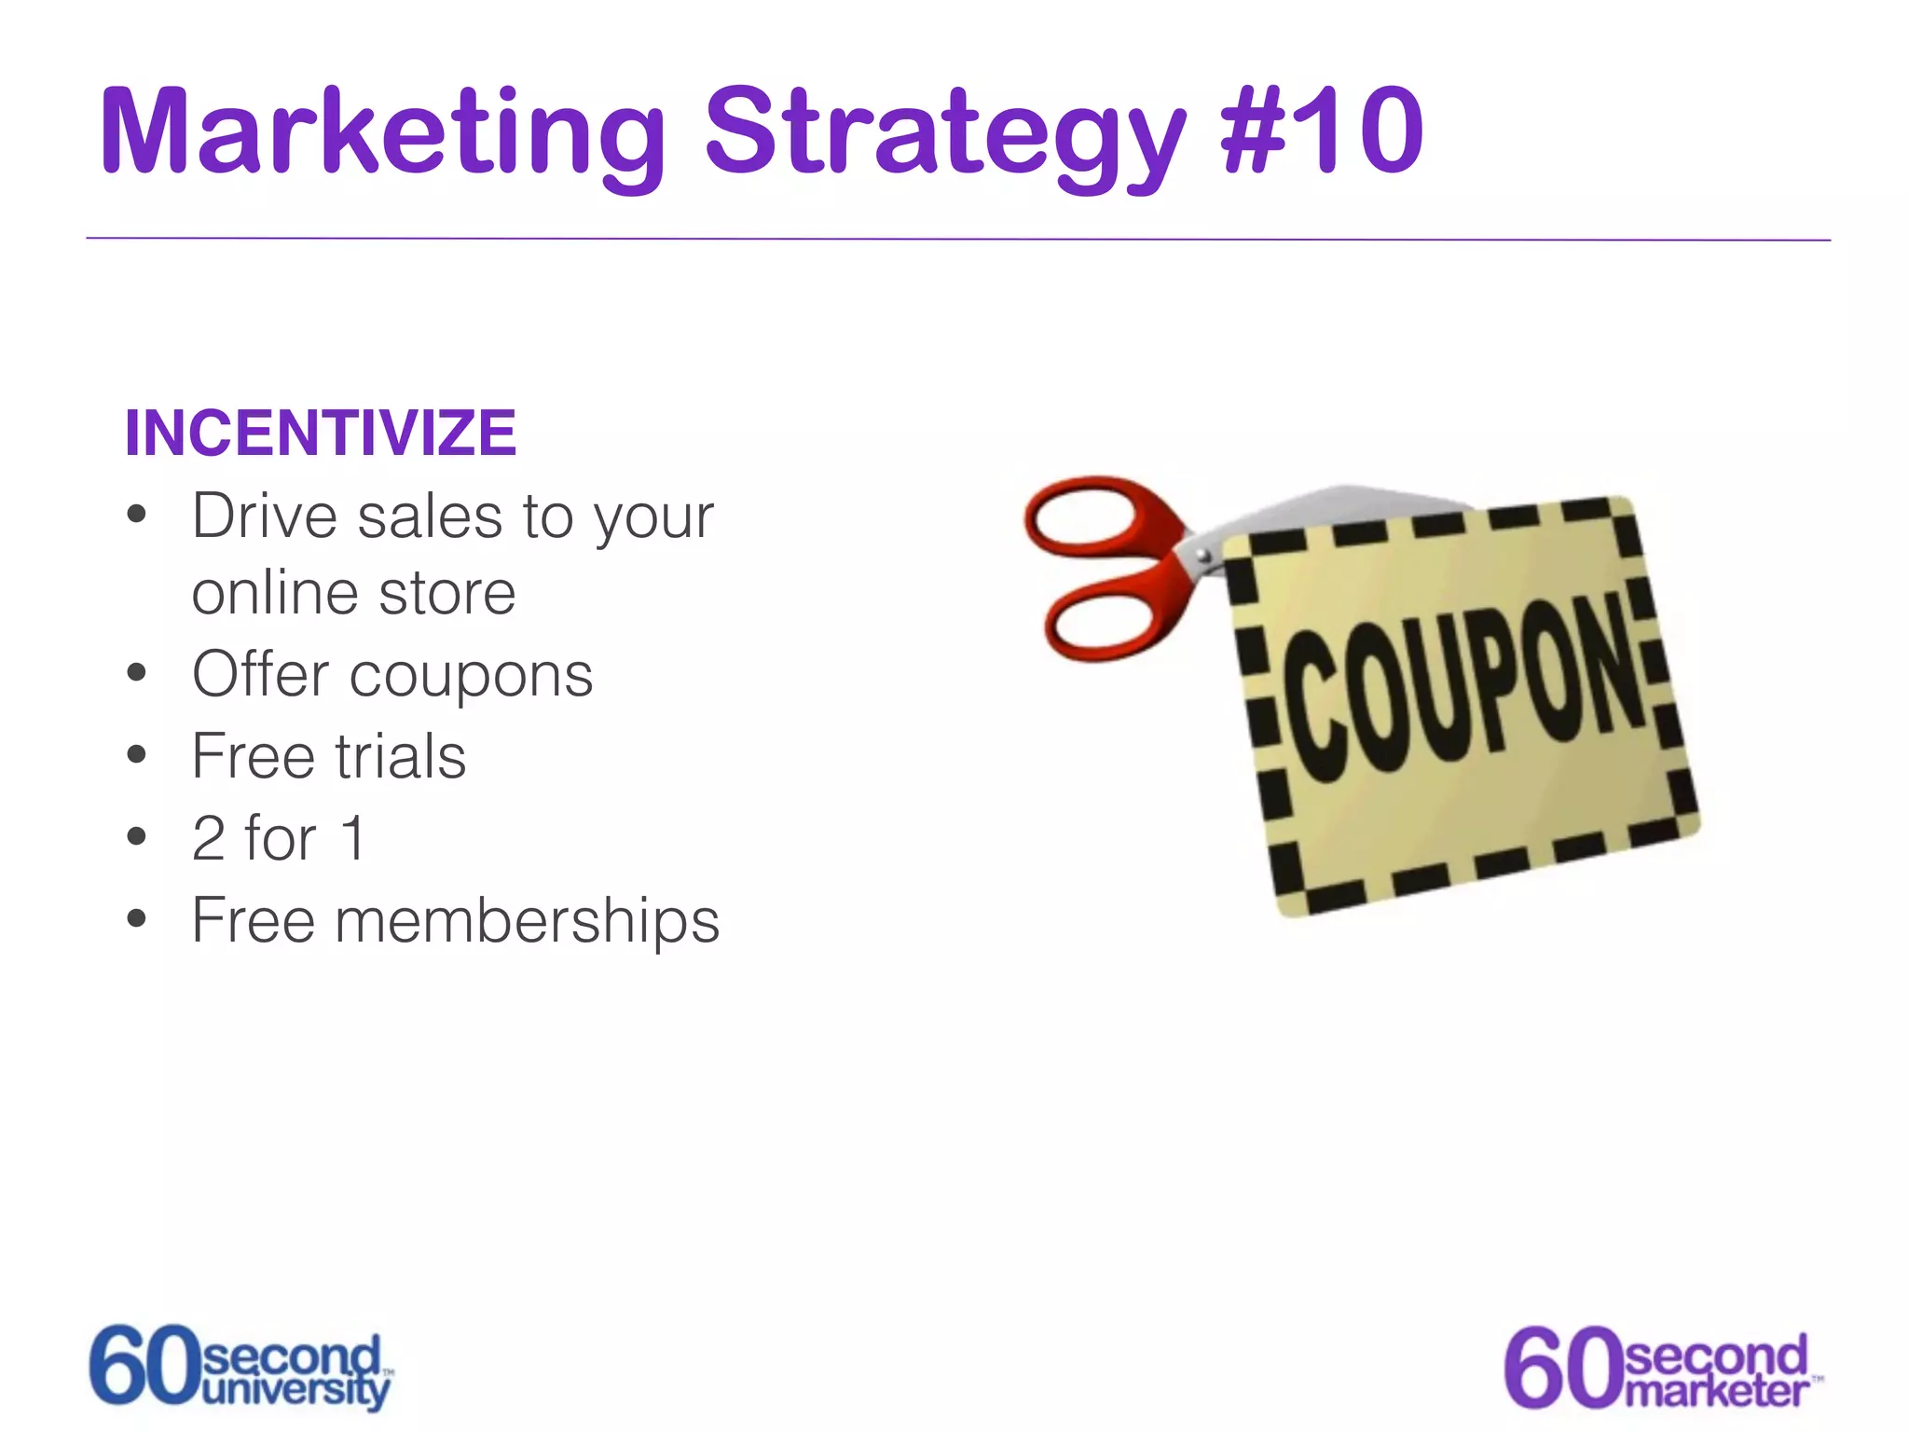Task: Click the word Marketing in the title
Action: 382,131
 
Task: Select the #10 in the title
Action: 1321,131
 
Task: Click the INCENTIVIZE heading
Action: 320,434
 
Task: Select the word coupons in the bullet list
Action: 471,676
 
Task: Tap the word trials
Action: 400,756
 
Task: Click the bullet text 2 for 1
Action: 278,837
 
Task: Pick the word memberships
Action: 527,920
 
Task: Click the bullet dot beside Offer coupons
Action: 137,673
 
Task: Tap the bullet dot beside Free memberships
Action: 137,919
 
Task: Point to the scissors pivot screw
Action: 1203,557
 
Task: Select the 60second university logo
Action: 240,1368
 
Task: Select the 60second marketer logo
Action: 1659,1368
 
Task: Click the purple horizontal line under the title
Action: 958,240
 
